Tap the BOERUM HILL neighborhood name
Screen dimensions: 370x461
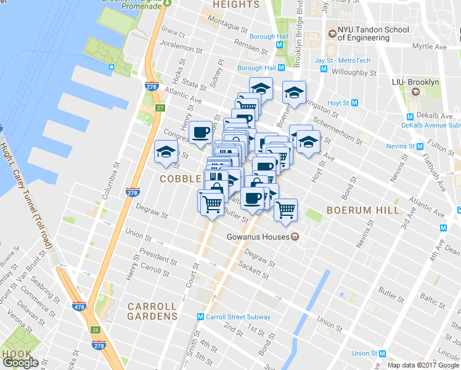point(363,210)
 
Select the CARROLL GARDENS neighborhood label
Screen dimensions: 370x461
point(152,311)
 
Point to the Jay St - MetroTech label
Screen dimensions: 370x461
point(343,60)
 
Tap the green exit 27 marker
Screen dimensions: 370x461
point(160,109)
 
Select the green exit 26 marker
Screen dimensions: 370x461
point(95,330)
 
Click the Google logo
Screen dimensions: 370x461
point(21,363)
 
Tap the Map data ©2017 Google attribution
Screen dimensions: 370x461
point(423,365)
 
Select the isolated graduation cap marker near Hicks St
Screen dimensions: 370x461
point(166,152)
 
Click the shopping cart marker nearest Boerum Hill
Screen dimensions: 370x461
point(285,210)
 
